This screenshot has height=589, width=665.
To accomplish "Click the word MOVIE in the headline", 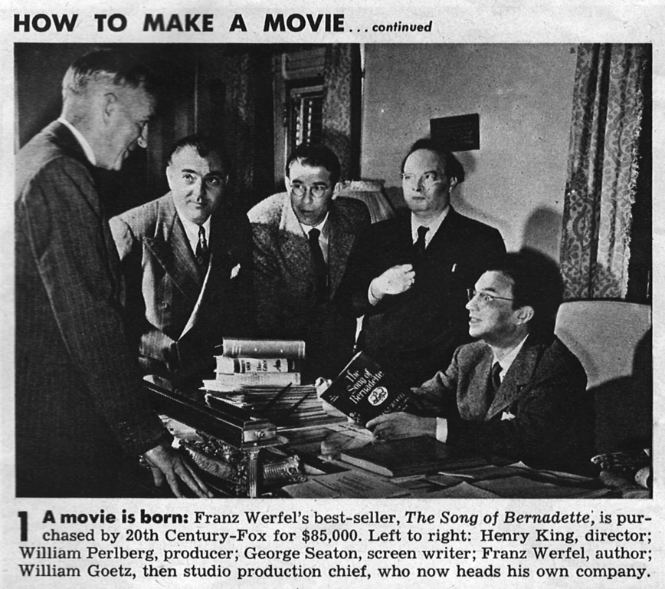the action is (x=303, y=22).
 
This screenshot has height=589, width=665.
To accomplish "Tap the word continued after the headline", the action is (x=402, y=27).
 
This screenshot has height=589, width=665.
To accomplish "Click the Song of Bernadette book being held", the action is (x=364, y=389).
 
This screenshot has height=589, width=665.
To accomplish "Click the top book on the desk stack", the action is (x=263, y=347).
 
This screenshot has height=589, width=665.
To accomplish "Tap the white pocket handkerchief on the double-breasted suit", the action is (x=234, y=271).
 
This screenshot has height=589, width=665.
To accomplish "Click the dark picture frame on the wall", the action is (x=454, y=132).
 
